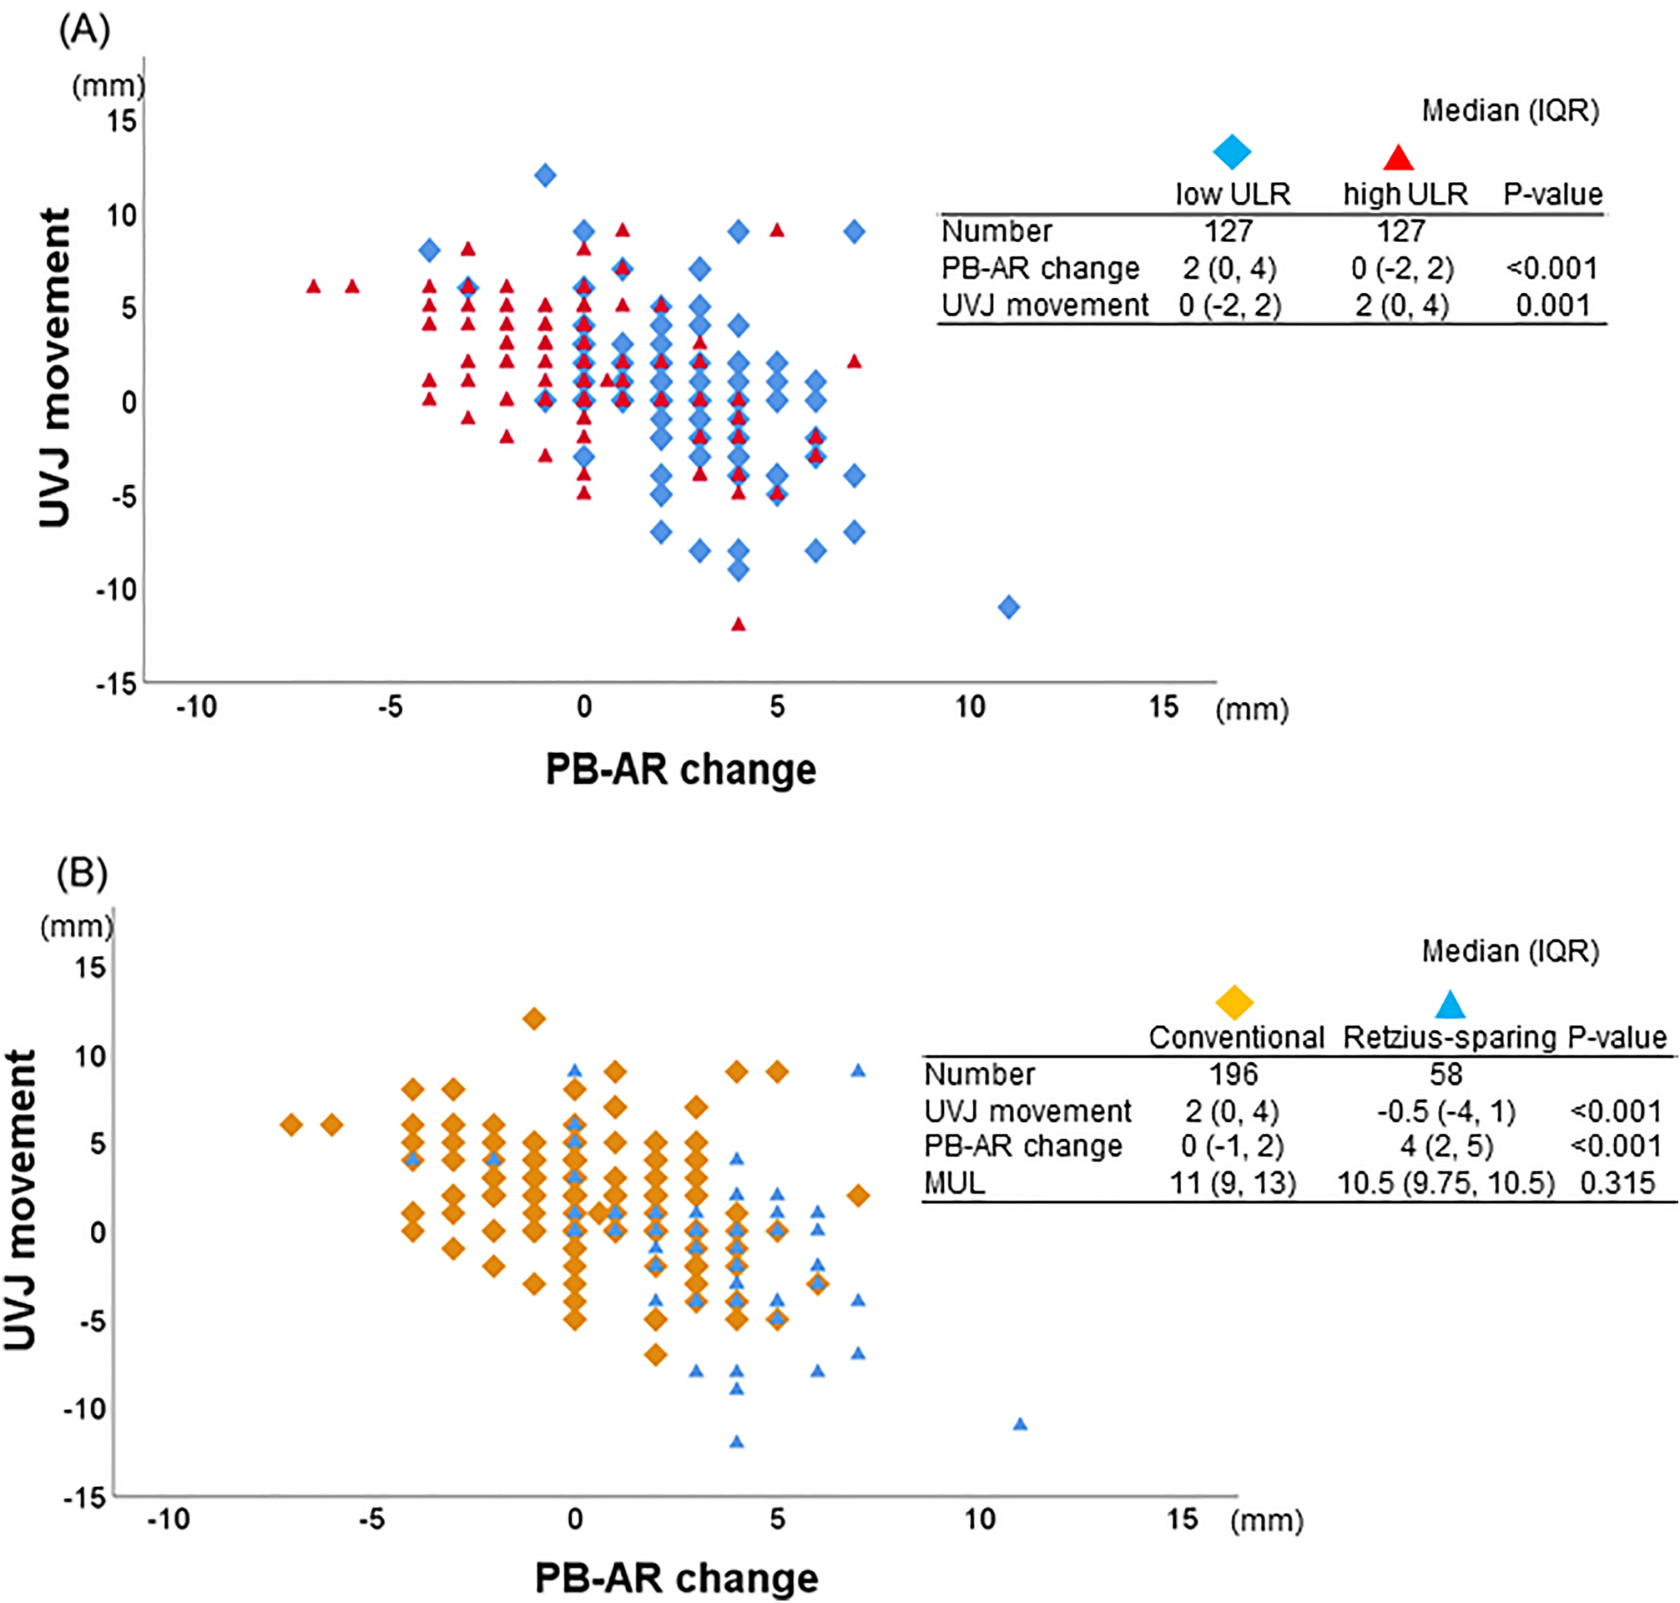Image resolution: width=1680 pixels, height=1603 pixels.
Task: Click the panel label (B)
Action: click(82, 873)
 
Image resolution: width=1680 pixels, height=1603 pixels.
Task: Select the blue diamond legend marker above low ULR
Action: click(1232, 153)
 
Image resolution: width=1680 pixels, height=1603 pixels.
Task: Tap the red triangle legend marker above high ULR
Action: click(1398, 158)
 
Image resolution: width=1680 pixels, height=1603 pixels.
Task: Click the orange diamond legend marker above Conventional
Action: click(1234, 1003)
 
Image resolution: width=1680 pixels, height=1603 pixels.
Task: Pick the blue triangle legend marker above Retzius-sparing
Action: click(1450, 1005)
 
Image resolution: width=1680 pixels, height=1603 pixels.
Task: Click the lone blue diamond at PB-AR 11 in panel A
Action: click(1009, 608)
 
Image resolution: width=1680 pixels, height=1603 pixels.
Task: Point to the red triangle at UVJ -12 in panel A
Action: click(739, 625)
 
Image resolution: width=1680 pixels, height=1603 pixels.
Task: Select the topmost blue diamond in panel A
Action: click(545, 176)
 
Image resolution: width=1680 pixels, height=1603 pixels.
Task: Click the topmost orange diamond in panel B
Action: click(534, 1019)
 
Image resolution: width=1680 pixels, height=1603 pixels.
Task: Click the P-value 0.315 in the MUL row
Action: click(1617, 1182)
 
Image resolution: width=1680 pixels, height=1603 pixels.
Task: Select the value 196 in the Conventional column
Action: click(1233, 1074)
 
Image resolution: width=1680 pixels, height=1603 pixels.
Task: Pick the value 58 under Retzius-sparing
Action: click(1445, 1074)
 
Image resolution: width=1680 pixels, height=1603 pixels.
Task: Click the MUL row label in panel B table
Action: click(954, 1182)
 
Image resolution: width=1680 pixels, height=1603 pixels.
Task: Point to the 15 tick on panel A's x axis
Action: click(1163, 706)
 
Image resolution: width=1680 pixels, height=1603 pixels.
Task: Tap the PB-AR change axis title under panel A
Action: click(681, 770)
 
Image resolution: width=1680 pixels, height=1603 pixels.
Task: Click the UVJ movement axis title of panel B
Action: click(21, 1200)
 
